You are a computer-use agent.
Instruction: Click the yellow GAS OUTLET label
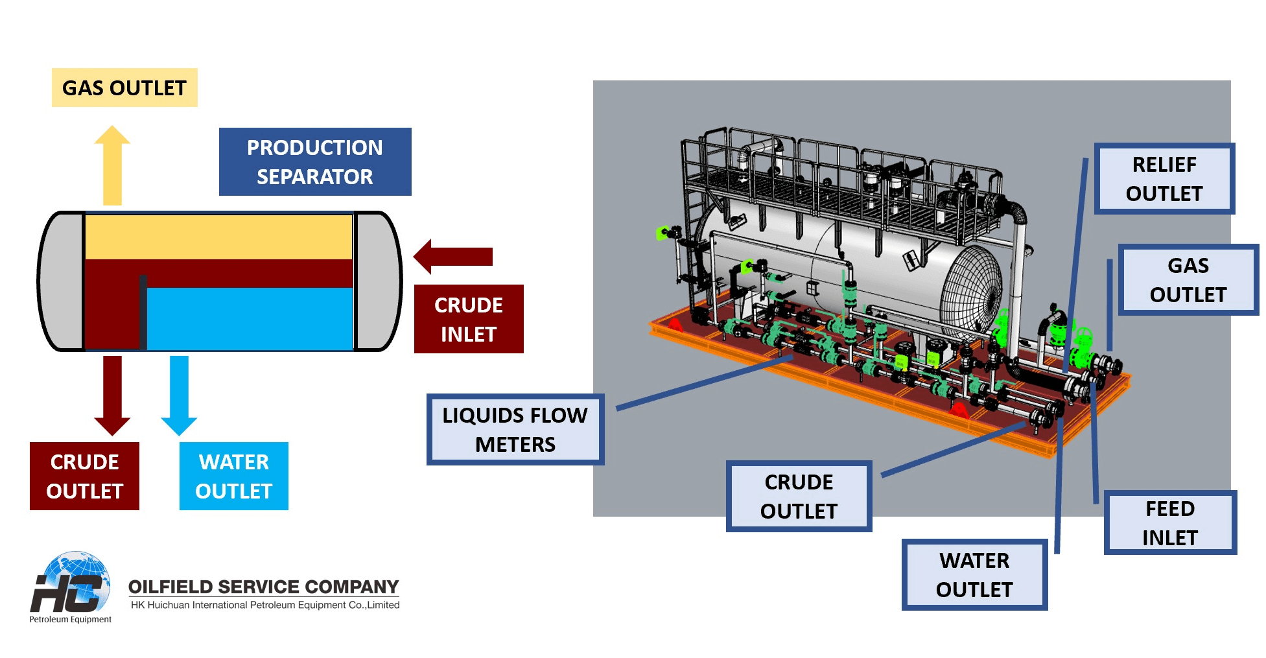(124, 88)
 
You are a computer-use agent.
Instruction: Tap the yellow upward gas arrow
(112, 165)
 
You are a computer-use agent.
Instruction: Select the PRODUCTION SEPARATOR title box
(315, 161)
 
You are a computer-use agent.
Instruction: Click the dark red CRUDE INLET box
(469, 319)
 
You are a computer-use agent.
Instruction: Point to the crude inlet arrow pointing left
(454, 257)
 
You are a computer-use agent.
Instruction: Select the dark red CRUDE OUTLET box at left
(84, 476)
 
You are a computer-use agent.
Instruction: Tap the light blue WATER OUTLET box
(234, 476)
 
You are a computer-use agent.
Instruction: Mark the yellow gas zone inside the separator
(218, 237)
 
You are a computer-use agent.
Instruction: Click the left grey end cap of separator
(62, 281)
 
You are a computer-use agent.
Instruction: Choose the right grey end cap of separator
(378, 281)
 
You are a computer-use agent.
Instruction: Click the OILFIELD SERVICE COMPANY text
(263, 587)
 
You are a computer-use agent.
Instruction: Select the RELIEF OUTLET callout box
(1164, 179)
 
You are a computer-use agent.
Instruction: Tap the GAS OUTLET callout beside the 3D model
(1188, 280)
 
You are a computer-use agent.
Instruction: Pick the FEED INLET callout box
(1170, 523)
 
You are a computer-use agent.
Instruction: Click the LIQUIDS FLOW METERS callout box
(515, 429)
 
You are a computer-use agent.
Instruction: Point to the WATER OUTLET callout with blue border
(974, 574)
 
